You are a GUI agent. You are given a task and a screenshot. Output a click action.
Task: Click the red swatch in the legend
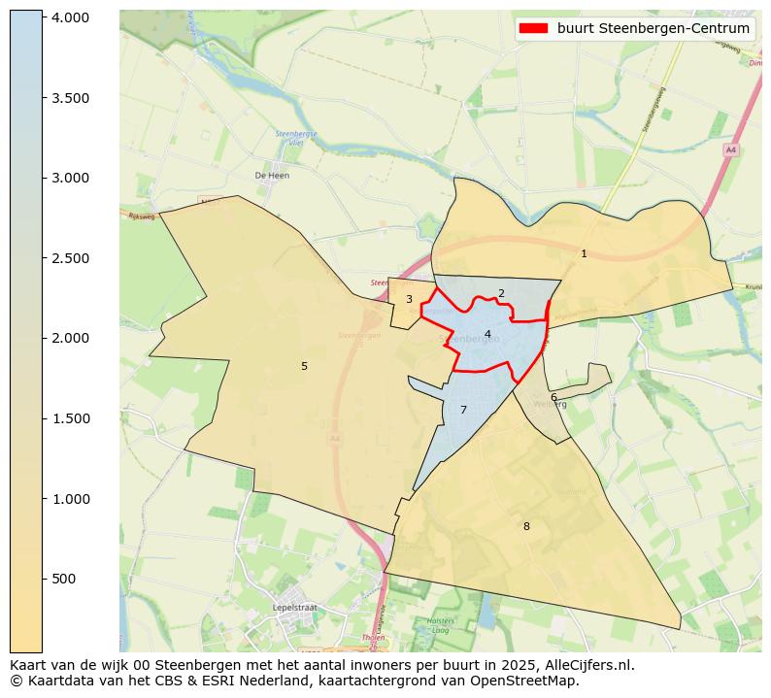(x=534, y=28)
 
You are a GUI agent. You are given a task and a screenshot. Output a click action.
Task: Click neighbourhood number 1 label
(x=584, y=253)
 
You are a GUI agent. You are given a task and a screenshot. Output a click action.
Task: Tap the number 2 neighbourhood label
(x=501, y=293)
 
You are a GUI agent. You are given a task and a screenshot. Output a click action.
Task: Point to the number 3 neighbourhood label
(x=409, y=299)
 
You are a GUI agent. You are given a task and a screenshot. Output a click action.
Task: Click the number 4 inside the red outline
(x=487, y=334)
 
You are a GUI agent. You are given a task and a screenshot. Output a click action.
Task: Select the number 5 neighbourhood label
(x=304, y=366)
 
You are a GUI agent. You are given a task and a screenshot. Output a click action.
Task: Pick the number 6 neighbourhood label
(x=553, y=397)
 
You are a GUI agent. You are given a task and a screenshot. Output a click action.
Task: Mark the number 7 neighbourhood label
(x=463, y=410)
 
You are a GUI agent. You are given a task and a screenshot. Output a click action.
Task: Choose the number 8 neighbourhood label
(x=526, y=526)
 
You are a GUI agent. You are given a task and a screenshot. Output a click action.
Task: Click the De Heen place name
(x=272, y=176)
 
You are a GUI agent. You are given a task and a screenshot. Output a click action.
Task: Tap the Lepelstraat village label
(x=296, y=607)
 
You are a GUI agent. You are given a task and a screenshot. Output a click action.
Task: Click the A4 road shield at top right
(x=730, y=150)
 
